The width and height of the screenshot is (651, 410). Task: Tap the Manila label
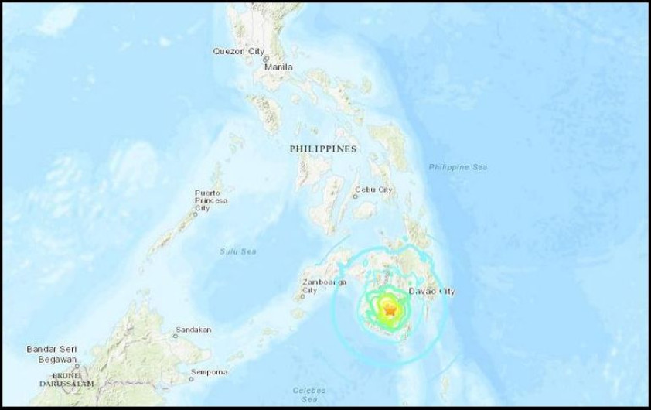tap(278, 67)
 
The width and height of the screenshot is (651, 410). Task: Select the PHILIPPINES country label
tap(323, 149)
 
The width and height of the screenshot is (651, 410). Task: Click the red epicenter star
tap(390, 310)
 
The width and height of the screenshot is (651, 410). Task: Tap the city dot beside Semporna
tap(191, 379)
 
